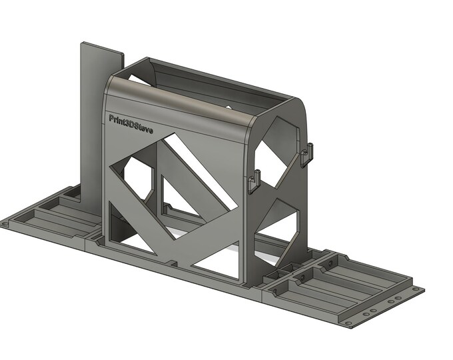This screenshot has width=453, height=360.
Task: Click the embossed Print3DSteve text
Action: (x=131, y=124)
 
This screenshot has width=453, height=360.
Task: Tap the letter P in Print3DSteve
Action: (x=112, y=119)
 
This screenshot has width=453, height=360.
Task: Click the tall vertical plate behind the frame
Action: (x=93, y=120)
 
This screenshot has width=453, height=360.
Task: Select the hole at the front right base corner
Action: (x=352, y=322)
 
